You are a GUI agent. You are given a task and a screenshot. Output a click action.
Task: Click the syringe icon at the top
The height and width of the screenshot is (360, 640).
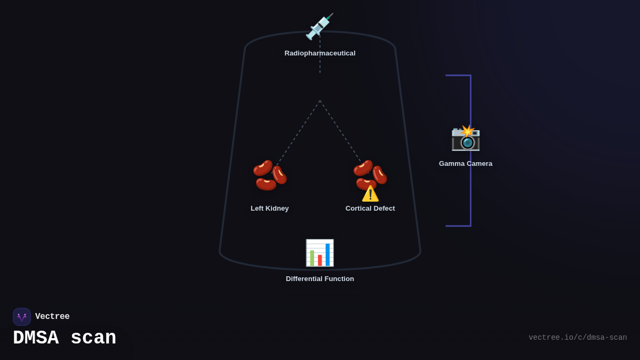319,27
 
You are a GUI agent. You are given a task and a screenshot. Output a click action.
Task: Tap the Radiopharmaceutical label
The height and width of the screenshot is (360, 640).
320,53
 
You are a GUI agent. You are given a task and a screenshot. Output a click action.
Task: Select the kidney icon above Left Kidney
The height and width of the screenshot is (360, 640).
270,175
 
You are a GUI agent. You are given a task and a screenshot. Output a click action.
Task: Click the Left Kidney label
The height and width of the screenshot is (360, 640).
270,209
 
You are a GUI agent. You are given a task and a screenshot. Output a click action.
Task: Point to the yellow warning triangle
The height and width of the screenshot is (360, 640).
370,194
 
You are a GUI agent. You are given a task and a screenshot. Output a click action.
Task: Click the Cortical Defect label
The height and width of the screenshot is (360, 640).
370,209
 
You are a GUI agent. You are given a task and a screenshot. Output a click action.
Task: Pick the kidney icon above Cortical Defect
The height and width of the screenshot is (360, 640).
370,173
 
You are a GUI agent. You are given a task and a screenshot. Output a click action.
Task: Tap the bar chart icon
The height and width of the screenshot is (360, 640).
319,253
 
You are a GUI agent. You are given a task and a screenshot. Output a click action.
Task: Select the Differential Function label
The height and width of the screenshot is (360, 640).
320,279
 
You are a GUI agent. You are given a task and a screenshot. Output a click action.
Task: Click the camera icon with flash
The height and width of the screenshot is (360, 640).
466,138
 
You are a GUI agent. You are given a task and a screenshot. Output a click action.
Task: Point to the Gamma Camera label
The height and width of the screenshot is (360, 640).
466,164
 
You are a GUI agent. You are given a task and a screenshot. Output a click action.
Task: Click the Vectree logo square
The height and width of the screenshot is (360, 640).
22,317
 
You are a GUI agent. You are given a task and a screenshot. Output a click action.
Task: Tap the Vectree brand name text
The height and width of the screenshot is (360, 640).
52,317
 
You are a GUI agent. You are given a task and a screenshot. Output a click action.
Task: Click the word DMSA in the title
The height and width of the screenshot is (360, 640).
36,338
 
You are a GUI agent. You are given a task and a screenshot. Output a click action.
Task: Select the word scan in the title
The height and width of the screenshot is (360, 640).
93,338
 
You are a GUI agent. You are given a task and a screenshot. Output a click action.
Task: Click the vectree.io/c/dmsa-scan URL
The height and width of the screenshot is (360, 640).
578,338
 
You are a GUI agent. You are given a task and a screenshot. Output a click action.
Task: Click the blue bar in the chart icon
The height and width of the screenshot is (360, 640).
327,255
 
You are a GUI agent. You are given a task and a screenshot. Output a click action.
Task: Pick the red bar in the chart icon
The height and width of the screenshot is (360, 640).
320,260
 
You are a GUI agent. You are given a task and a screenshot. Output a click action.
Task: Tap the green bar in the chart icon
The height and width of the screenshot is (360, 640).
312,258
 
